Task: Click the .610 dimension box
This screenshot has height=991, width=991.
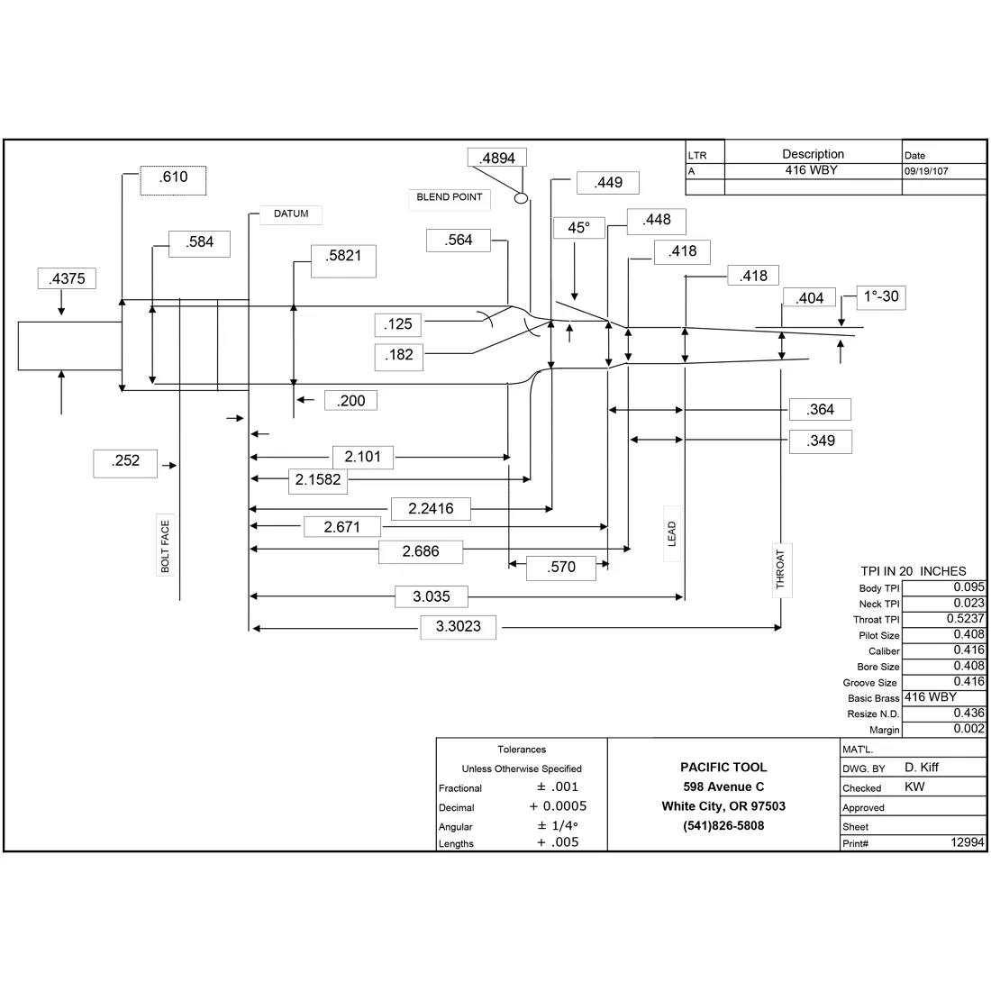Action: pyautogui.click(x=173, y=181)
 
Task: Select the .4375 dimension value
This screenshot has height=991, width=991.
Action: pyautogui.click(x=67, y=278)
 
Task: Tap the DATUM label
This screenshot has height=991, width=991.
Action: pyautogui.click(x=291, y=214)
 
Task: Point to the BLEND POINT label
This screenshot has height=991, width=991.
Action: pyautogui.click(x=450, y=198)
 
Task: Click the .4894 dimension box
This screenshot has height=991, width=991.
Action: pyautogui.click(x=497, y=158)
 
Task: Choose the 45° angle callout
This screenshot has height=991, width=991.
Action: pyautogui.click(x=579, y=228)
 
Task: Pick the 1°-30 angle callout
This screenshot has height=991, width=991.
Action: pyautogui.click(x=881, y=297)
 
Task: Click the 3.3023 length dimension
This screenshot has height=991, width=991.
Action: pyautogui.click(x=459, y=627)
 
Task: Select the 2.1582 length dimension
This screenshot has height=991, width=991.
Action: pyautogui.click(x=318, y=480)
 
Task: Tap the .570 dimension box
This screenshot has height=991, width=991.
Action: pyautogui.click(x=561, y=568)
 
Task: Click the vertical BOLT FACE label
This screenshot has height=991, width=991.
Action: pyautogui.click(x=165, y=546)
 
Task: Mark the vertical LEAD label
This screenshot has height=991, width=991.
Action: pyautogui.click(x=672, y=534)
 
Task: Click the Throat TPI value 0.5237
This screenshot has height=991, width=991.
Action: pyautogui.click(x=966, y=619)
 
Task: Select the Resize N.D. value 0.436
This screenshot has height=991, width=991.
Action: pyautogui.click(x=969, y=713)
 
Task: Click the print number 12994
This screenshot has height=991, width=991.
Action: pyautogui.click(x=968, y=842)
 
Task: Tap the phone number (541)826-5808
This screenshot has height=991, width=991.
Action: pyautogui.click(x=723, y=826)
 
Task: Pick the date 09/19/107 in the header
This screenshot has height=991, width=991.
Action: pyautogui.click(x=926, y=171)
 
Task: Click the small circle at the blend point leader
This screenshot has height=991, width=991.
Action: pyautogui.click(x=522, y=198)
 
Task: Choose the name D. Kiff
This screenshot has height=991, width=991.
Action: pyautogui.click(x=922, y=768)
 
